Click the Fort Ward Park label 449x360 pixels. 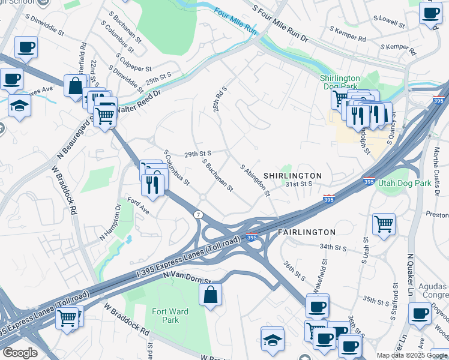170,316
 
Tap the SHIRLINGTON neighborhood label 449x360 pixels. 292,175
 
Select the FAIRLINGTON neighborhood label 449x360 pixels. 306,232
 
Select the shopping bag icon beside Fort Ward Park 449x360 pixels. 210,295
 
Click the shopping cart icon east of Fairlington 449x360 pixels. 383,224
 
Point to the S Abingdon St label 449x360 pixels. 256,181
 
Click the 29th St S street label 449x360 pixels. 197,154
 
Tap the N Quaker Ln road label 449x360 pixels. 411,275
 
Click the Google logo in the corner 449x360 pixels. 19,353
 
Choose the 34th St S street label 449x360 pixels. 334,247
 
